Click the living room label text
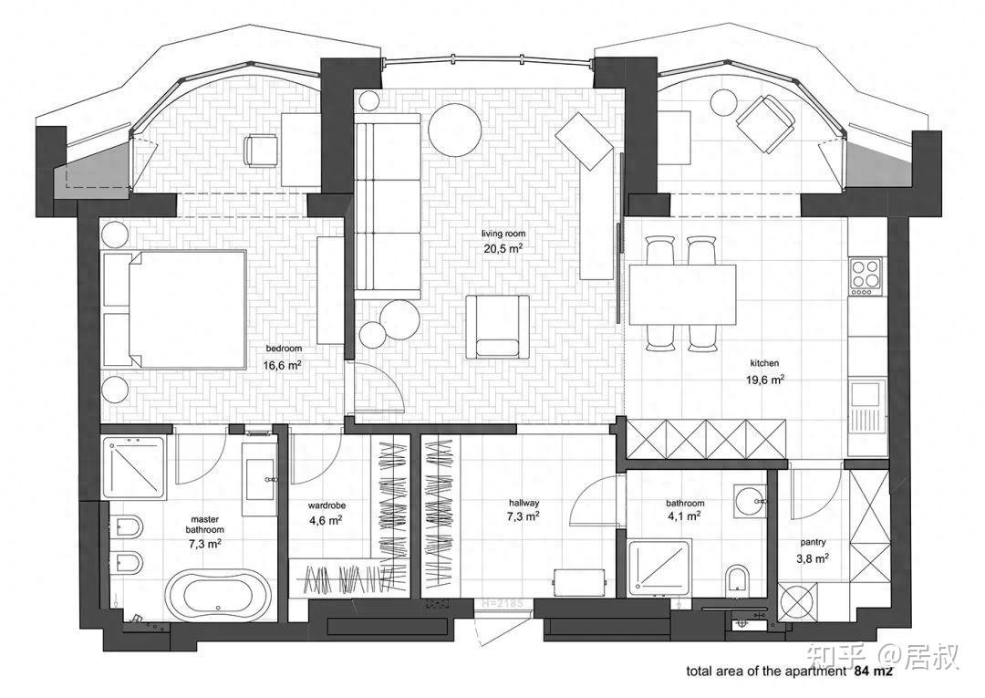click(503, 234)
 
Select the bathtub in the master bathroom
click(218, 596)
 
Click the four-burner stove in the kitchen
click(865, 276)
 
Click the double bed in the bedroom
click(177, 309)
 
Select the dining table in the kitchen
click(682, 295)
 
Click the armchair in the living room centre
click(498, 327)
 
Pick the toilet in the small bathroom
click(737, 578)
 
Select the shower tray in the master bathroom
click(134, 468)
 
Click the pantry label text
click(813, 542)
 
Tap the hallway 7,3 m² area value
click(524, 517)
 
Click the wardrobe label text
click(327, 505)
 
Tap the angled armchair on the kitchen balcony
click(765, 123)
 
